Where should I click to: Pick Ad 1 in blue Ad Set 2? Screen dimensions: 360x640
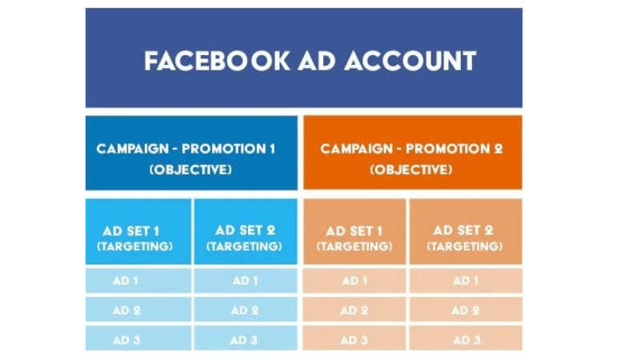coord(245,281)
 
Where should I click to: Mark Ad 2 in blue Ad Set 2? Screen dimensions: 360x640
coord(245,310)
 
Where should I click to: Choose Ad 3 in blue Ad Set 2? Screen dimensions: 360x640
coord(245,339)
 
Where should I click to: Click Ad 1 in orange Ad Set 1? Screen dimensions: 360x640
coord(354,281)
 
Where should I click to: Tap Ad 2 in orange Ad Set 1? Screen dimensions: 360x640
coord(354,310)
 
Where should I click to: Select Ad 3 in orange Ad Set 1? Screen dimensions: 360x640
coord(354,339)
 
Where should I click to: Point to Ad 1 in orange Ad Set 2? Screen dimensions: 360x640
coord(465,281)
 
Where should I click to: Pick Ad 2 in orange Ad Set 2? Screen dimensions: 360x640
coord(465,310)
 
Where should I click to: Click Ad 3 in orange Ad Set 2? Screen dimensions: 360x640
coord(465,339)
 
